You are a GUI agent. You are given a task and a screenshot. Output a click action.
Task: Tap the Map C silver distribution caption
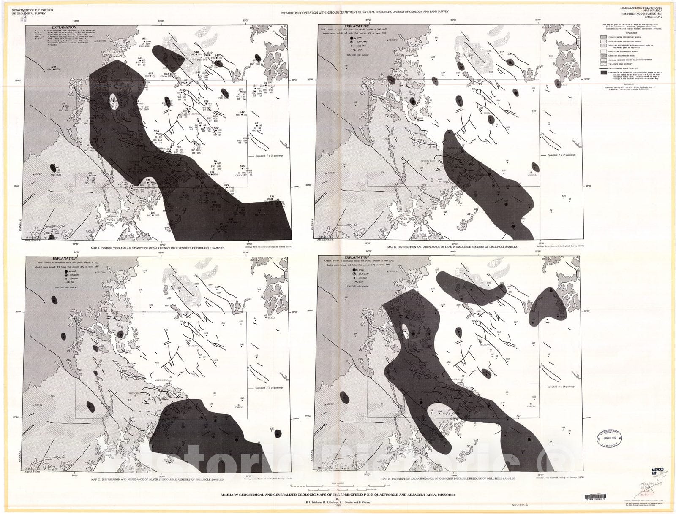pos(157,479)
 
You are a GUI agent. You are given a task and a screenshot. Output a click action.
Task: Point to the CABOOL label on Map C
pos(240,407)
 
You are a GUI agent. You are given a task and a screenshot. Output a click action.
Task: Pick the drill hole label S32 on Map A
pos(54,67)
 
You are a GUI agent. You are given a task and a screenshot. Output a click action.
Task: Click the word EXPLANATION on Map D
pos(356,257)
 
